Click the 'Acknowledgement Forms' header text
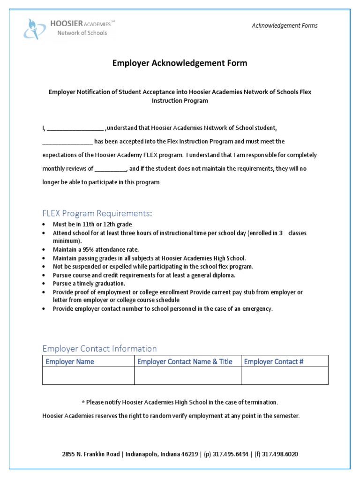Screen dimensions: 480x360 click(x=284, y=25)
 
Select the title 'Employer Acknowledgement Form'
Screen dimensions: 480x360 click(x=180, y=63)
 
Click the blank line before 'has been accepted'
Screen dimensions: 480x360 click(x=67, y=142)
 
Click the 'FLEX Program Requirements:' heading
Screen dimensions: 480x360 click(x=97, y=214)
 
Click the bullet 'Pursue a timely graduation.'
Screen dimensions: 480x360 click(x=89, y=284)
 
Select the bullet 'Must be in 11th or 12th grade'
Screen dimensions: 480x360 click(x=92, y=225)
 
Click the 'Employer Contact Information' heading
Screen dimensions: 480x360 click(x=99, y=348)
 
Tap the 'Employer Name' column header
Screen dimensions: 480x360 click(x=69, y=361)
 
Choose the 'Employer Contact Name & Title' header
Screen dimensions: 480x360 click(x=185, y=361)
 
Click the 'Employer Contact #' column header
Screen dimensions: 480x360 click(x=274, y=361)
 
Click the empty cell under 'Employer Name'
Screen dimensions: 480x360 click(x=88, y=375)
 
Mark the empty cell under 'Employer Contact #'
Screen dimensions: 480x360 click(x=284, y=375)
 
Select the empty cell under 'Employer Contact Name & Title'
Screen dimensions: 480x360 click(x=187, y=375)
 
